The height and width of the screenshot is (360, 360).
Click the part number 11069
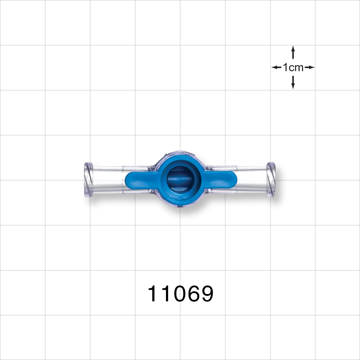coord(181,294)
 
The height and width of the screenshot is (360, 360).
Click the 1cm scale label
coord(293,67)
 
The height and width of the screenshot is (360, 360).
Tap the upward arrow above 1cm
coord(293,52)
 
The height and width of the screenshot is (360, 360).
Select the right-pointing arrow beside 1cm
coord(310,67)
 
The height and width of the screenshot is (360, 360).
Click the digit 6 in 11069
coord(193,294)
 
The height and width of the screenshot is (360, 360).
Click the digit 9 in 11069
coord(206,294)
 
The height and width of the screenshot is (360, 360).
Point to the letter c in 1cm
coord(291,68)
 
